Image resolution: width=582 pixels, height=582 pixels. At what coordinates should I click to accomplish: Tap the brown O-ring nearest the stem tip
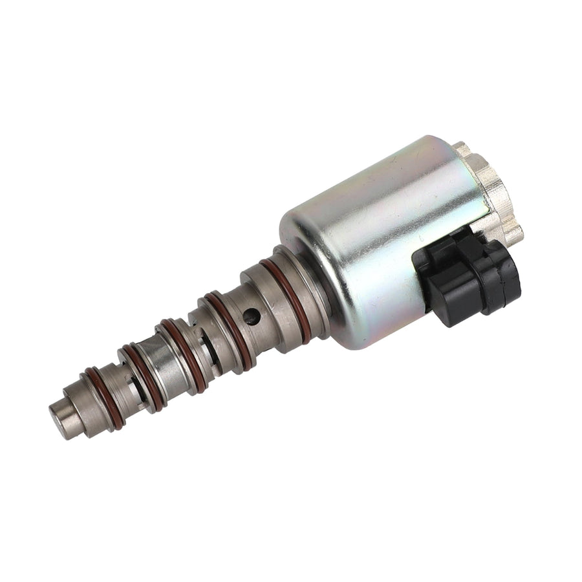106,397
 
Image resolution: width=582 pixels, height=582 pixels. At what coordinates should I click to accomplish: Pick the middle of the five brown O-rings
184,354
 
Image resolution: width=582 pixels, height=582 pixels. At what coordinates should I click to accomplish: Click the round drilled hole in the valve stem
252,316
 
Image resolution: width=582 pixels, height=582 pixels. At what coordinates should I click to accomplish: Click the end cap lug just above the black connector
512,233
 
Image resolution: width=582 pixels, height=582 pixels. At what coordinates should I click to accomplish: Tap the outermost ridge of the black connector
511,275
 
